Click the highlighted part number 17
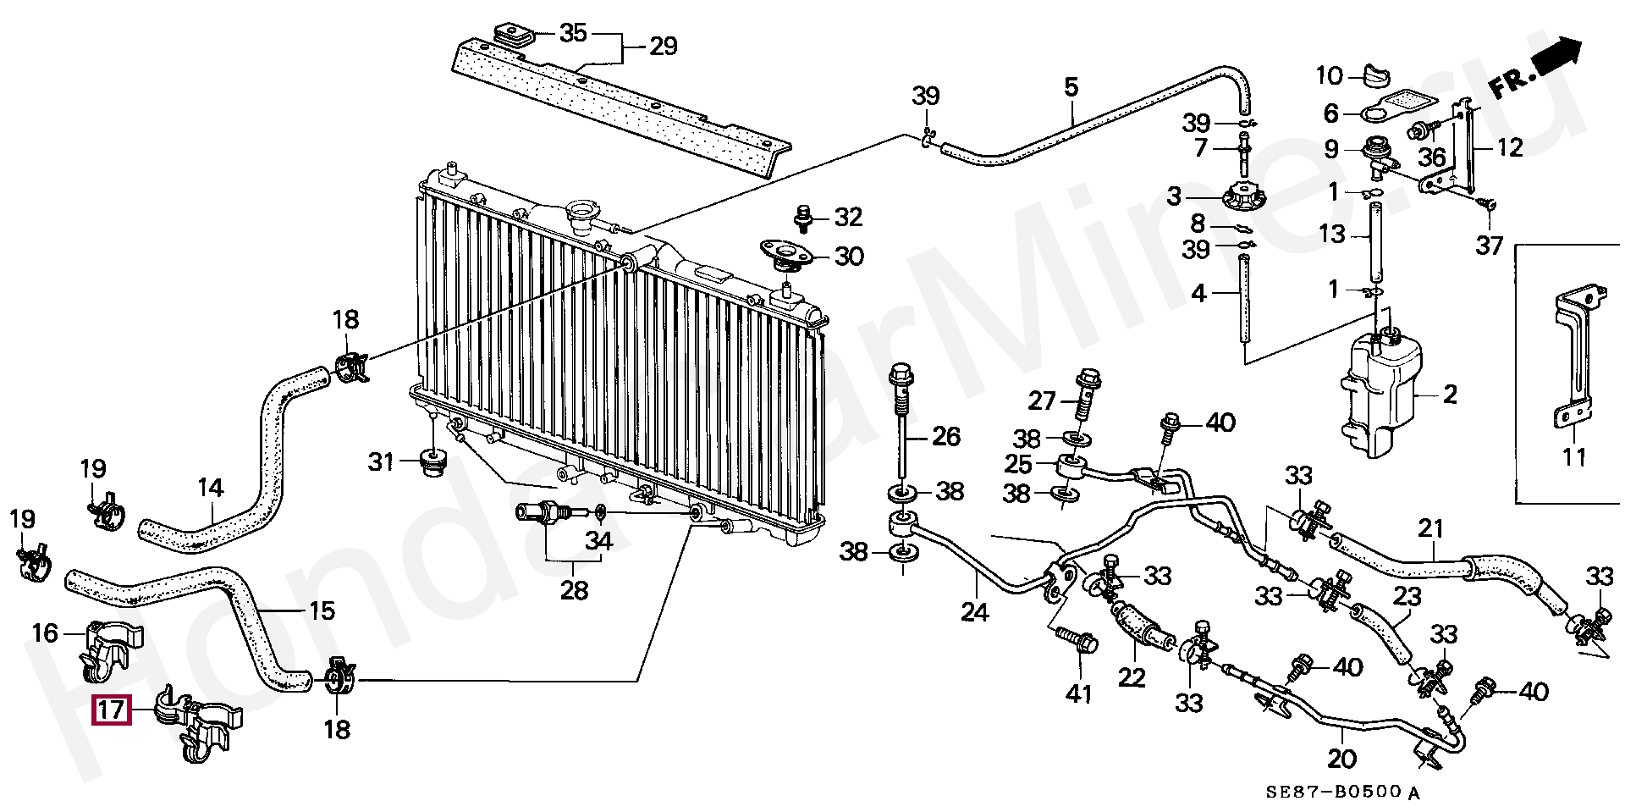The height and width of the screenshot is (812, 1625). click(111, 711)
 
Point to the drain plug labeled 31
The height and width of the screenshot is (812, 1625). click(433, 462)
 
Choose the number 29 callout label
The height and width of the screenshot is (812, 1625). click(663, 47)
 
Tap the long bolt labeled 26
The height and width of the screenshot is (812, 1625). click(902, 432)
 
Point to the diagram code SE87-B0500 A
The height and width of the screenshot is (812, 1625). click(1342, 793)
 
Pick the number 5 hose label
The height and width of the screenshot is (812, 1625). click(1071, 86)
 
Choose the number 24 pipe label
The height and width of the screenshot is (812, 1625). click(975, 610)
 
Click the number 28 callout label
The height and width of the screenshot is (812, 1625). click(574, 589)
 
